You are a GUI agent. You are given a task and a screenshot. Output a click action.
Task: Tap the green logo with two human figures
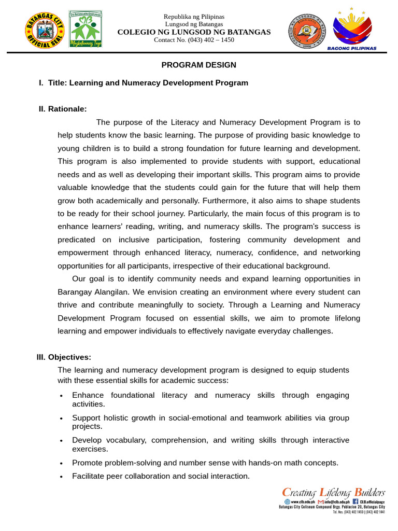(86, 29)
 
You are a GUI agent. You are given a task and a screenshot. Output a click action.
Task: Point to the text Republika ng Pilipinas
(194, 17)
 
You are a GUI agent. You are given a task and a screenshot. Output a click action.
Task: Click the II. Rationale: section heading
(63, 108)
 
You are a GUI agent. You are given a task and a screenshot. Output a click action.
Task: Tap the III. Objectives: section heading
(64, 357)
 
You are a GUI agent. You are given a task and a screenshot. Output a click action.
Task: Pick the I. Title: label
(52, 82)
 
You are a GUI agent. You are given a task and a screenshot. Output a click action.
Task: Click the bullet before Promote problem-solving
(62, 463)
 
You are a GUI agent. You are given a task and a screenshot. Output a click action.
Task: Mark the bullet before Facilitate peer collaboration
(62, 477)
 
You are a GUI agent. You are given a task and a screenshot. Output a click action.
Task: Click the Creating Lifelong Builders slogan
(333, 492)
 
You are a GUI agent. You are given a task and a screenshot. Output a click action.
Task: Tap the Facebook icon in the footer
(356, 501)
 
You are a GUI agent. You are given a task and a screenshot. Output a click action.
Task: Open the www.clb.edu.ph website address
(300, 502)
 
